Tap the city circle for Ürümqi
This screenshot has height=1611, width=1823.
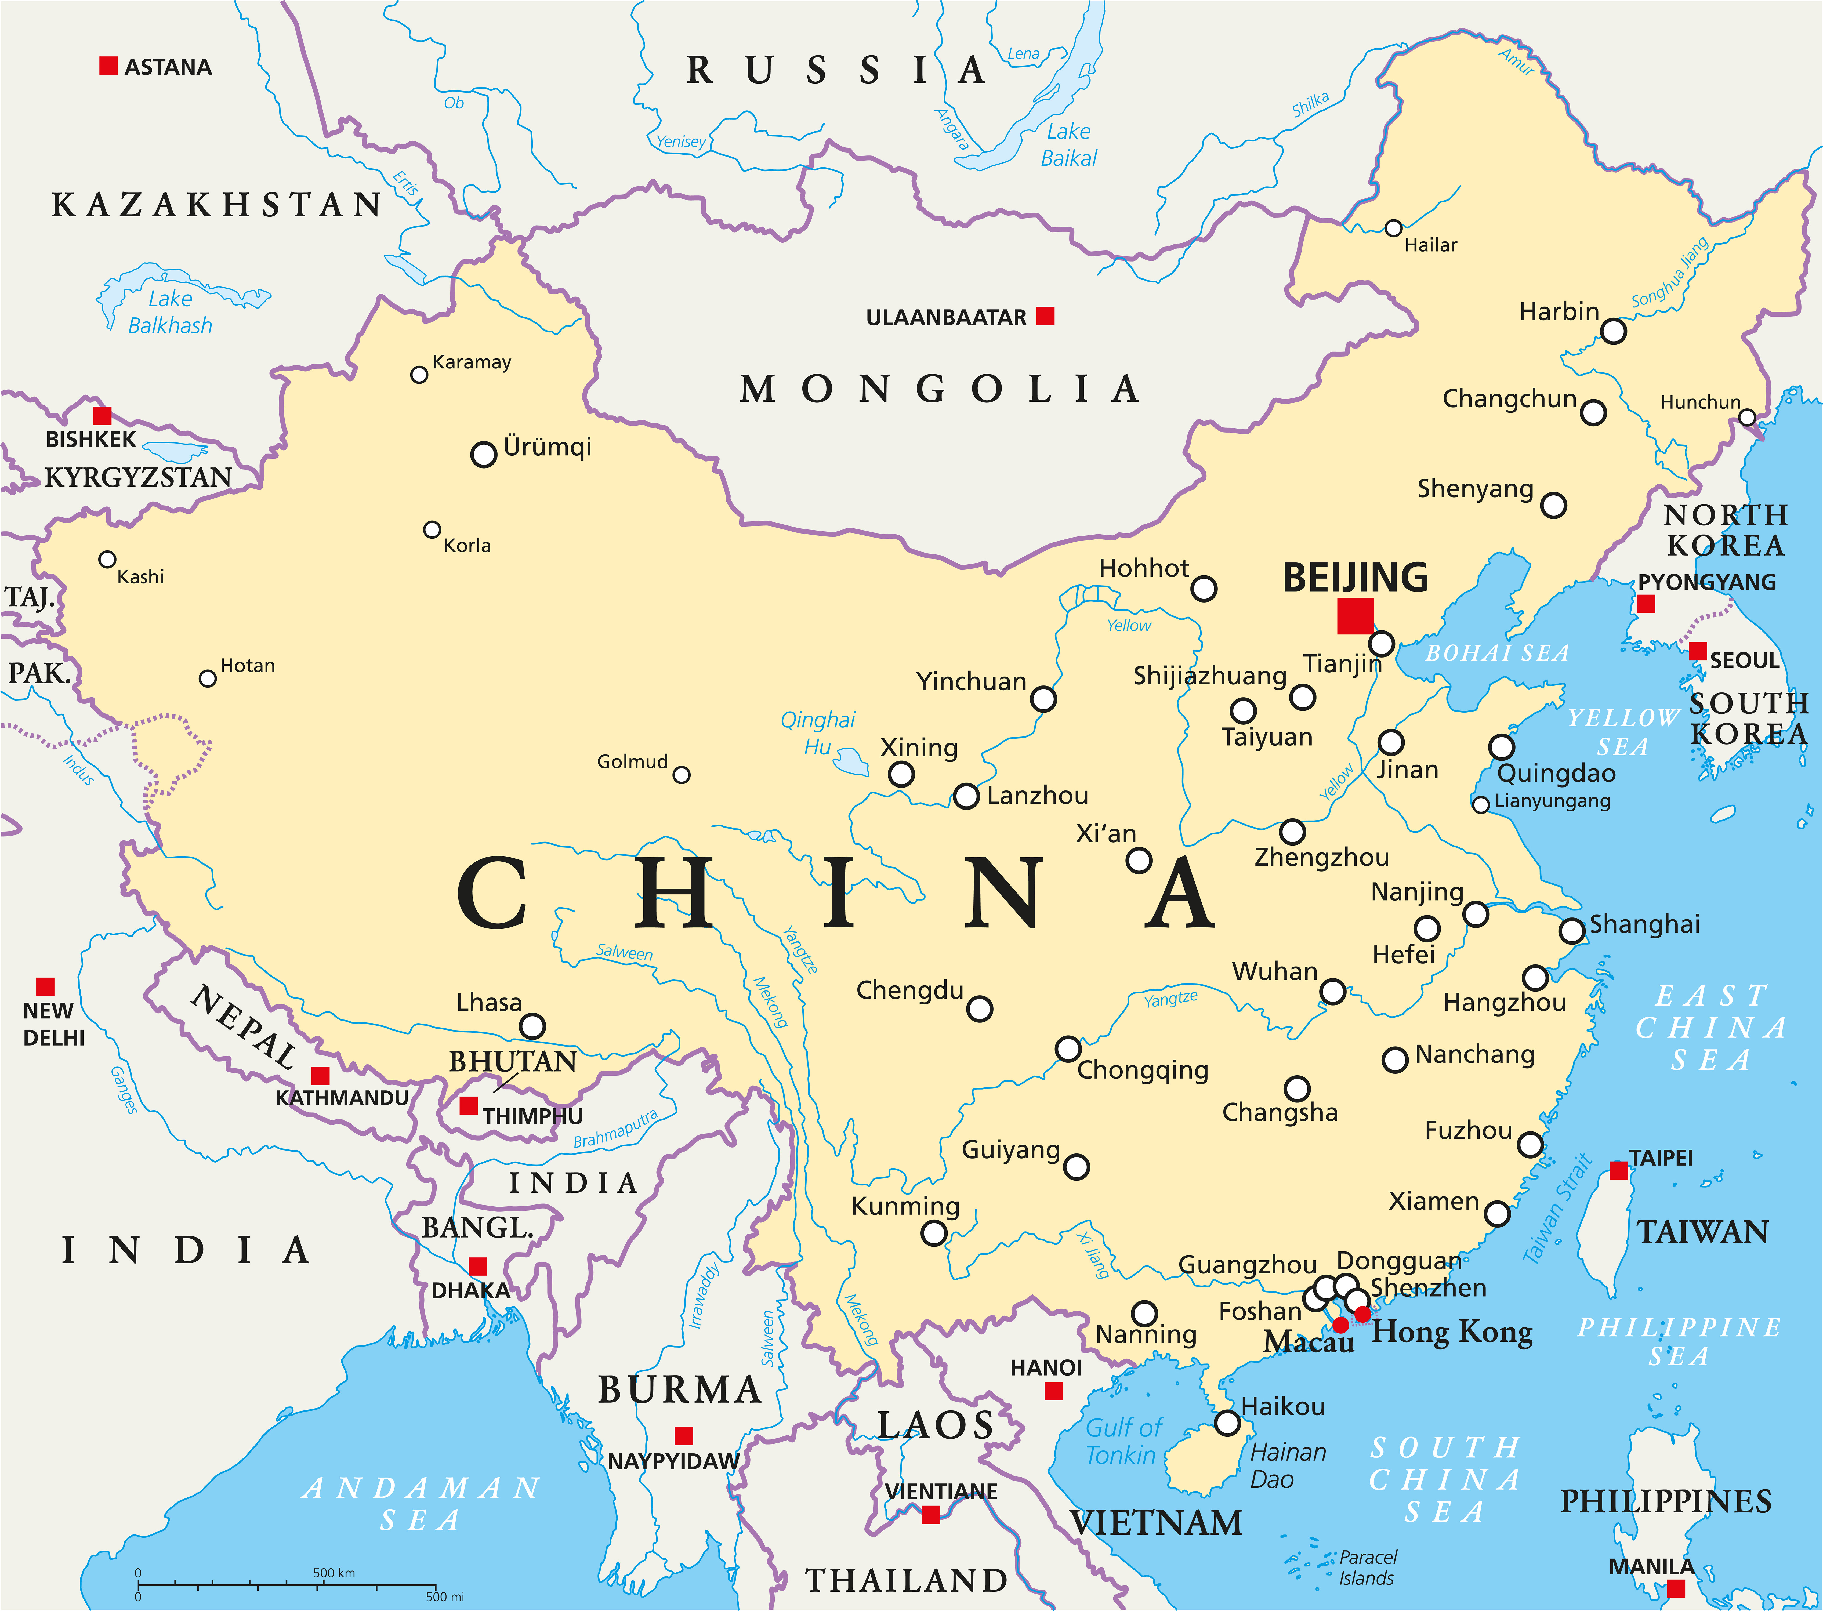click(483, 454)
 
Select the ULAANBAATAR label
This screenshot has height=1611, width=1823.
click(946, 318)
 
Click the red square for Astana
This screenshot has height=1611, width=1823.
click(108, 65)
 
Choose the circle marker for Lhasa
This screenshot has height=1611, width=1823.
click(532, 1026)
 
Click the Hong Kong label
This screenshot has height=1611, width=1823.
click(1452, 1332)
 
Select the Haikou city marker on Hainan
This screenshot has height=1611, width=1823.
click(1227, 1423)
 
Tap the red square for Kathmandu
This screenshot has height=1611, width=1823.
click(320, 1076)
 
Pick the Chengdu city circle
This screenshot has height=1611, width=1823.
click(979, 1009)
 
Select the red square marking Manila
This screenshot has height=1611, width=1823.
click(1676, 1588)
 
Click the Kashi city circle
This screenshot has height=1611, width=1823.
click(107, 559)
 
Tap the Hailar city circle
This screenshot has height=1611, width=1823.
click(1393, 228)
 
